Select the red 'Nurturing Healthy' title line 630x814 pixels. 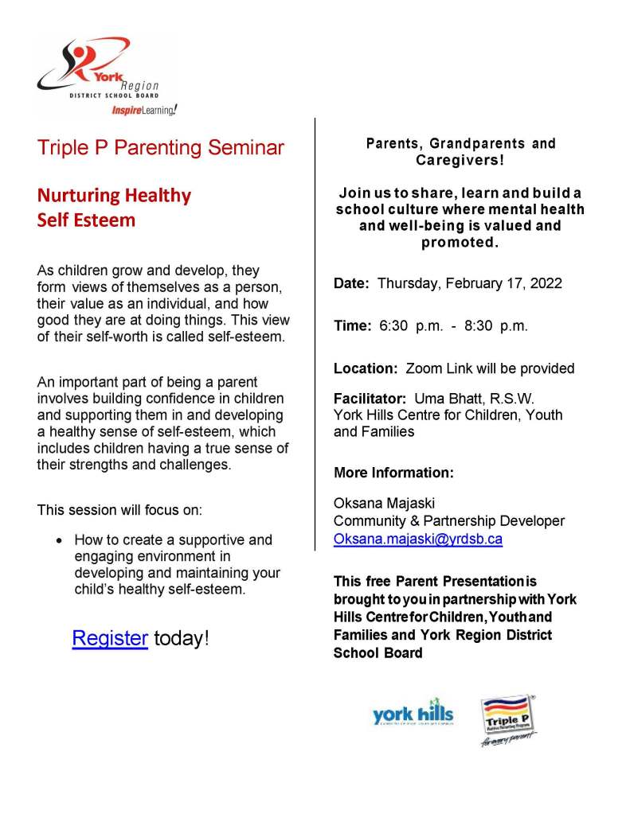coord(114,195)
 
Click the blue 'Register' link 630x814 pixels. coord(110,639)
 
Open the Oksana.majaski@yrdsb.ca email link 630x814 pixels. coord(418,539)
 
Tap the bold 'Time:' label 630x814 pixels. coord(352,326)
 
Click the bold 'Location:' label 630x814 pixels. coord(366,369)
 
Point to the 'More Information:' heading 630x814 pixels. coord(393,473)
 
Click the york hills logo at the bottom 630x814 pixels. coord(413,715)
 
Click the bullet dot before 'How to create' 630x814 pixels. coord(60,539)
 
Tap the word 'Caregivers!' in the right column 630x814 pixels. coord(460,160)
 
